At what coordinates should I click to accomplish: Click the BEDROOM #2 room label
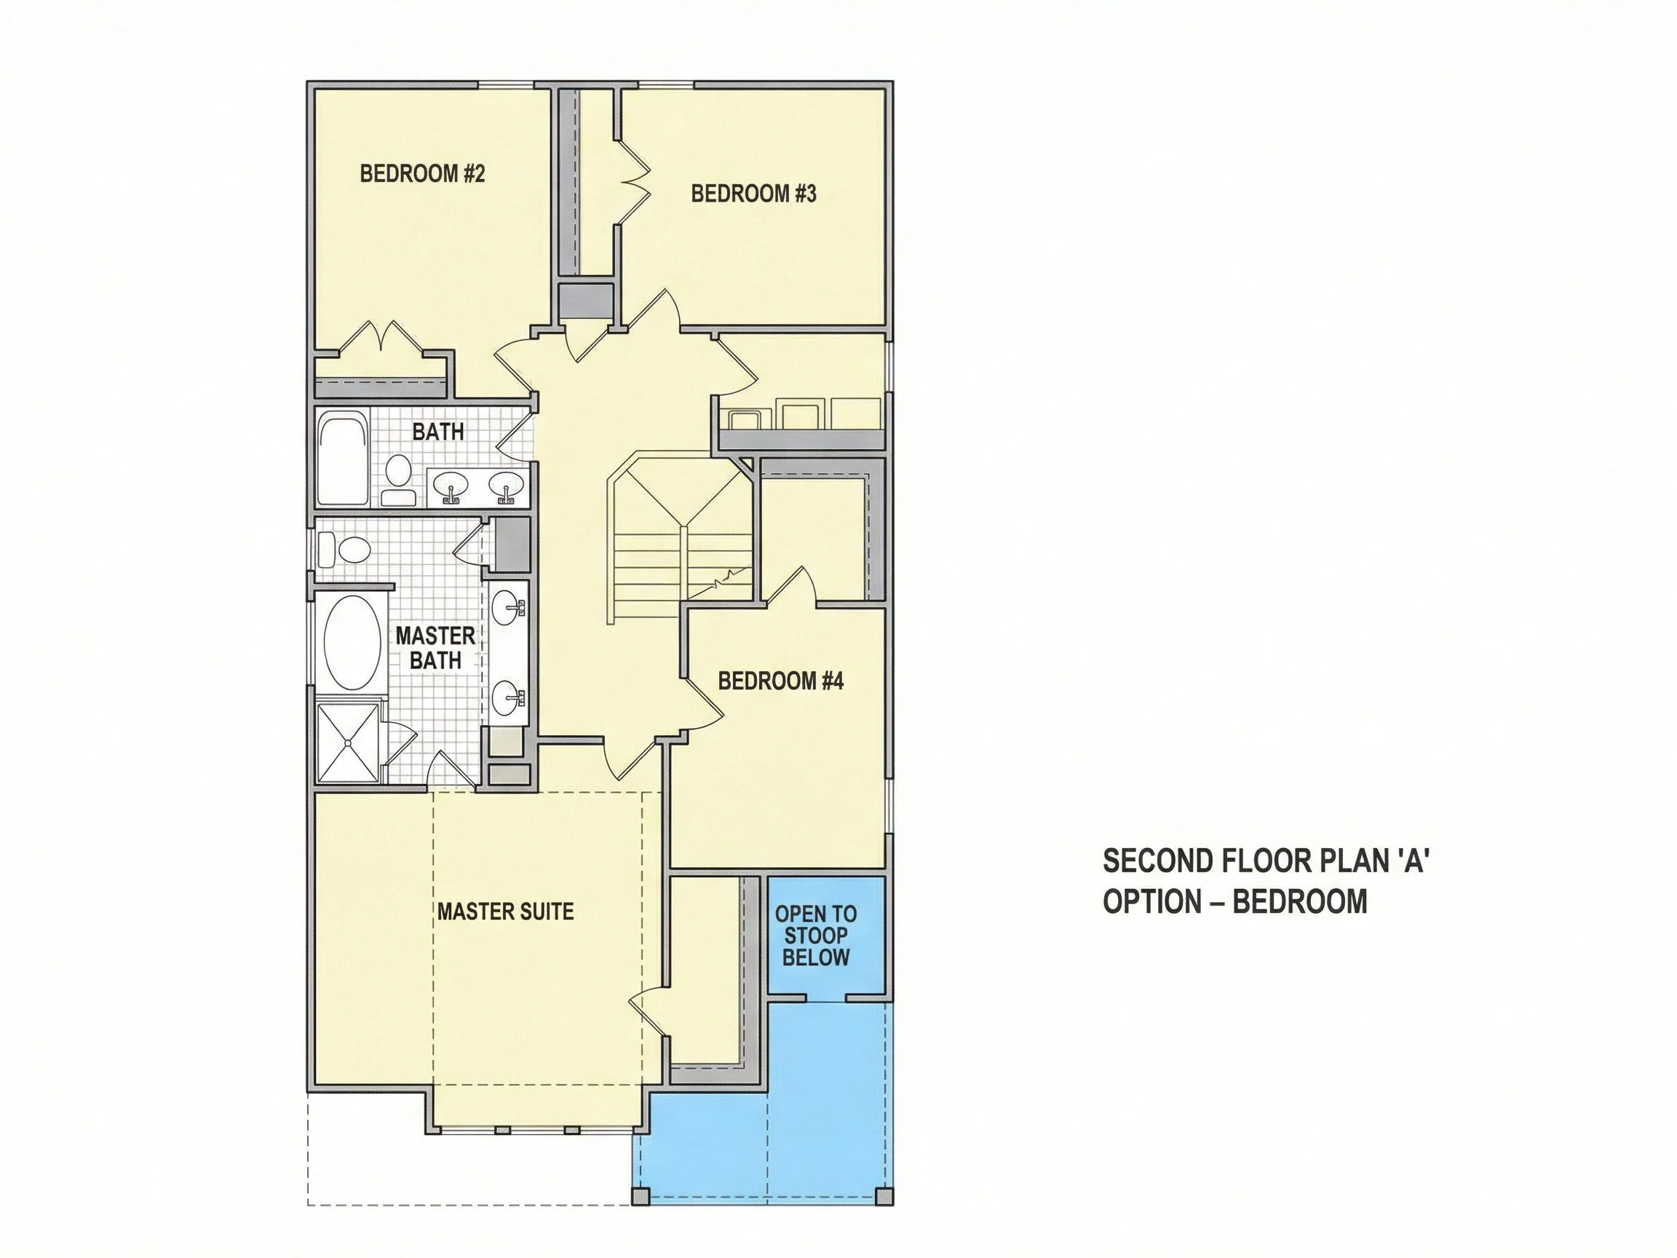(x=422, y=174)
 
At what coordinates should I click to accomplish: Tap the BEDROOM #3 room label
(x=753, y=194)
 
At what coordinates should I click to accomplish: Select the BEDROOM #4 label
(x=780, y=680)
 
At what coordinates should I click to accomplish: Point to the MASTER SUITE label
(x=505, y=911)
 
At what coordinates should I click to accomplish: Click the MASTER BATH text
(x=435, y=648)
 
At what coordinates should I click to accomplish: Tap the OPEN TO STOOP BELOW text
(x=816, y=935)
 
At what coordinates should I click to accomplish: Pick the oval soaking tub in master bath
(x=352, y=642)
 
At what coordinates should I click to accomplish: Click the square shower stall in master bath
(x=347, y=743)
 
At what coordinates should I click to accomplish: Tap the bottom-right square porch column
(x=883, y=1196)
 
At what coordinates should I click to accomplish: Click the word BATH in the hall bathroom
(x=438, y=432)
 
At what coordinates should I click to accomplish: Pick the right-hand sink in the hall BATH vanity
(x=505, y=486)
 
